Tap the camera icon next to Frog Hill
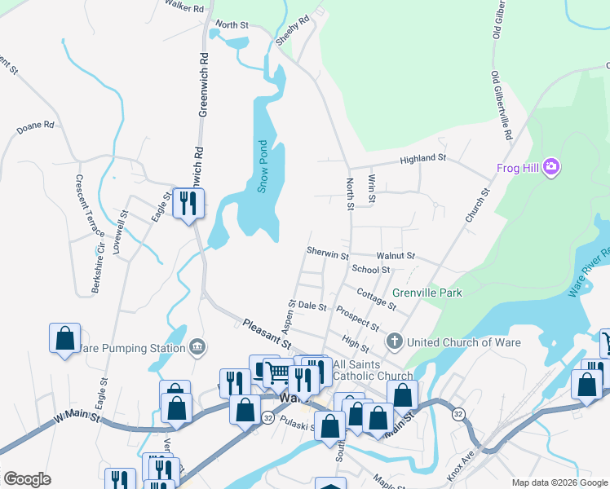(x=552, y=167)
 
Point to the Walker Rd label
(x=183, y=7)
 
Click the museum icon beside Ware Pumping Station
(x=197, y=348)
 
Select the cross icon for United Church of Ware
(x=395, y=341)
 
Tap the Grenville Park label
(x=427, y=293)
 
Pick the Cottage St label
(x=376, y=298)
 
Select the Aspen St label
(x=290, y=315)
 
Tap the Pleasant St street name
(x=267, y=335)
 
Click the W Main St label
(x=77, y=418)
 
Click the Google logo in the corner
(x=27, y=479)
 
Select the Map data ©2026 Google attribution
(x=559, y=482)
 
